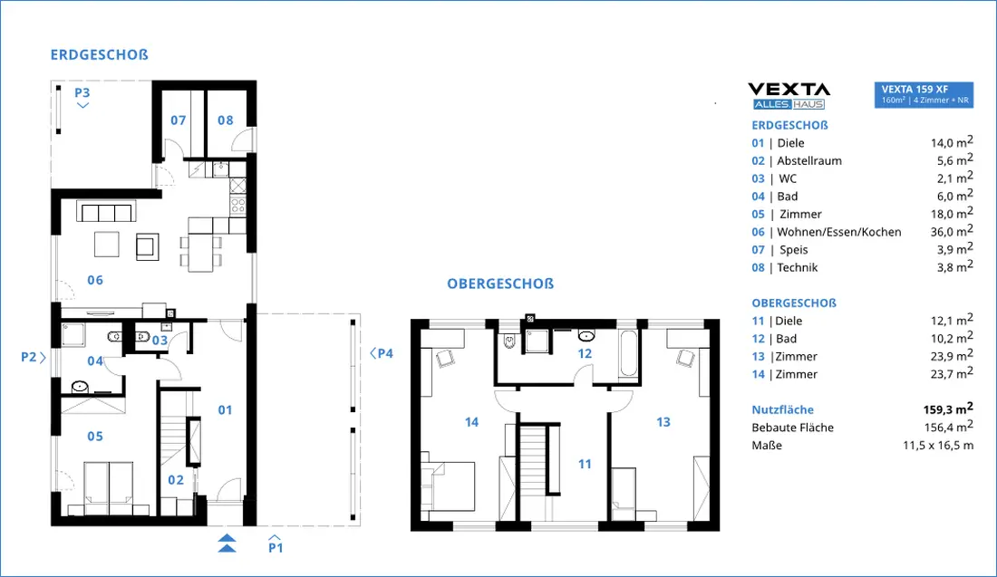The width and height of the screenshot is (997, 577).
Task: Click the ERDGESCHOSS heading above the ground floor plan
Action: click(x=99, y=54)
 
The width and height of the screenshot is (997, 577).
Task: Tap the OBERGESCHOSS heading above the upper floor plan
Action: click(x=500, y=284)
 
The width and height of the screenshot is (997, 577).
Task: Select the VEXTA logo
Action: click(x=789, y=96)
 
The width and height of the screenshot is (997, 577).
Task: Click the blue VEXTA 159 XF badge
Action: click(x=924, y=95)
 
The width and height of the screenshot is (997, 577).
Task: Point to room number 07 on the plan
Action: click(x=178, y=120)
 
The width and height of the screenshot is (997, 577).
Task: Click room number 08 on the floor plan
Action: click(x=225, y=120)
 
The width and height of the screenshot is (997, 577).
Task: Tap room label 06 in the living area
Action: click(x=95, y=280)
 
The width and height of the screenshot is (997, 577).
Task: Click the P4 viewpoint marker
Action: click(x=382, y=353)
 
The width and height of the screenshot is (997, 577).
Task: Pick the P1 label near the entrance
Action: click(x=276, y=547)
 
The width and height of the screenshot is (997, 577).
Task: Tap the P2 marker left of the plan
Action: click(x=33, y=357)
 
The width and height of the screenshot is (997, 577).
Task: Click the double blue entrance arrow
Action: click(x=227, y=543)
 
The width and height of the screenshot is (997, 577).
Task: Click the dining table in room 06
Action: click(x=200, y=253)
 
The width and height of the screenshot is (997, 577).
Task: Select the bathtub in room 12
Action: click(x=628, y=353)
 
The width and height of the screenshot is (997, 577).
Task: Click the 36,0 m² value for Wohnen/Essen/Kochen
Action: click(x=952, y=231)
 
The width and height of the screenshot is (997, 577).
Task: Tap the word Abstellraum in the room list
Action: click(x=809, y=160)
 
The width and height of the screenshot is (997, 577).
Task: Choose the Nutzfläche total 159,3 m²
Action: click(x=948, y=409)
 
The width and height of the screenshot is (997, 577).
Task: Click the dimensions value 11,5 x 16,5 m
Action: click(x=938, y=446)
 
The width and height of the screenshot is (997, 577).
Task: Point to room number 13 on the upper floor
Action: click(x=663, y=422)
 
